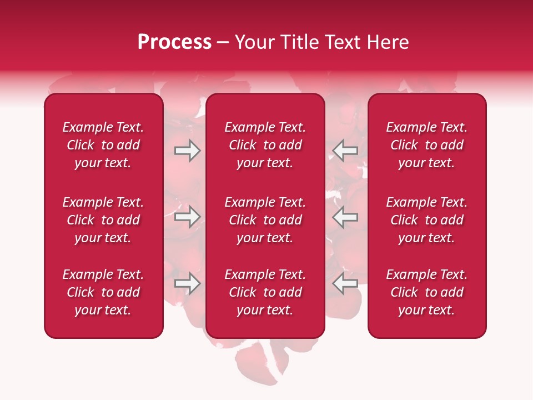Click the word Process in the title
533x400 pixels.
click(x=174, y=42)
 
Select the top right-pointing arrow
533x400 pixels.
click(x=187, y=151)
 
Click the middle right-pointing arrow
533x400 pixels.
click(x=187, y=216)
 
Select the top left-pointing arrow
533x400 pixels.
click(x=345, y=151)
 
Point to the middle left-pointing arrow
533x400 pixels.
click(x=345, y=216)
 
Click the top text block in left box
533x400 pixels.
click(x=103, y=145)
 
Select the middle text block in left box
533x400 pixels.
click(x=103, y=220)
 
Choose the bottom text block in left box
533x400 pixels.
click(x=103, y=292)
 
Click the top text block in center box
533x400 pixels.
click(x=265, y=145)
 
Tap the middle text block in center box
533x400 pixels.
click(x=265, y=220)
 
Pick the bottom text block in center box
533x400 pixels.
click(x=265, y=292)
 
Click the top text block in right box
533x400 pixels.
click(x=426, y=145)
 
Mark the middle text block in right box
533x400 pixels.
click(x=426, y=220)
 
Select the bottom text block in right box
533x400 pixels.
click(x=426, y=292)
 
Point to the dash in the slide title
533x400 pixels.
click(x=223, y=43)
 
